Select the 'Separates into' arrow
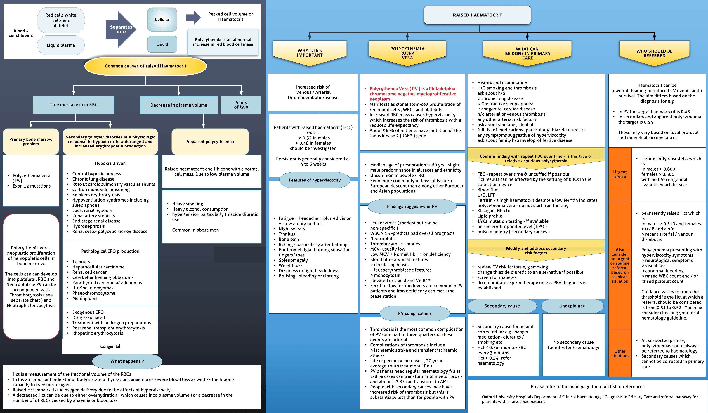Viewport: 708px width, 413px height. point(121,29)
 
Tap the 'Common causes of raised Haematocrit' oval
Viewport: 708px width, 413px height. point(145,66)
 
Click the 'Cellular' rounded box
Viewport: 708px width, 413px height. point(162,19)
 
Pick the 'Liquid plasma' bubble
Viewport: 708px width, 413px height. point(61,45)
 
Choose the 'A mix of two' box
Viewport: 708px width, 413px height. point(241,105)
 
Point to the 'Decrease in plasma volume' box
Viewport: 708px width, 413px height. point(179,105)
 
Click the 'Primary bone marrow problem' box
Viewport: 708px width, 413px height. point(31,142)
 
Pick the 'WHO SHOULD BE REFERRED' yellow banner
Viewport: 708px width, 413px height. point(654,53)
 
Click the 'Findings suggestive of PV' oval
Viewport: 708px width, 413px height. point(412,206)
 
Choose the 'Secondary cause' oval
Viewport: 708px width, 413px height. point(502,306)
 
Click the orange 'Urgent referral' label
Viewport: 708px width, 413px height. point(620,174)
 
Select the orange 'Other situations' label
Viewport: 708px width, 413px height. point(620,353)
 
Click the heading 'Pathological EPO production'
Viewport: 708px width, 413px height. point(110,251)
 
